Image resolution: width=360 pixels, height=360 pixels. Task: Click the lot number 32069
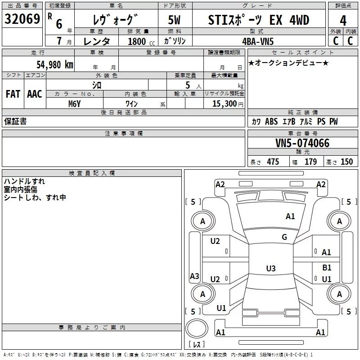pyautogui.click(x=22, y=19)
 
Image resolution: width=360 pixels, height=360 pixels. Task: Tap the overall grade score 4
pyautogui.click(x=343, y=21)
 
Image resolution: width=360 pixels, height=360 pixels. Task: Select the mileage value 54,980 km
pyautogui.click(x=55, y=65)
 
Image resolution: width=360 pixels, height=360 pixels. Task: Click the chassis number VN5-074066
pyautogui.click(x=302, y=143)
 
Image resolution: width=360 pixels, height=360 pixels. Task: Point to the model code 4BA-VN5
pyautogui.click(x=258, y=41)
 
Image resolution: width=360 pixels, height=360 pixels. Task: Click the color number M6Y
pyautogui.click(x=75, y=104)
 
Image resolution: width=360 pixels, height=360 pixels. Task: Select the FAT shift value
pyautogui.click(x=13, y=94)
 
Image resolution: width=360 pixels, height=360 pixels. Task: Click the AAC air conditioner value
pyautogui.click(x=35, y=94)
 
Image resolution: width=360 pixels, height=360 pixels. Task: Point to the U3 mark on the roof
pyautogui.click(x=271, y=268)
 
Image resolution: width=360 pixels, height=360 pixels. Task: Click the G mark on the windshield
pyautogui.click(x=284, y=237)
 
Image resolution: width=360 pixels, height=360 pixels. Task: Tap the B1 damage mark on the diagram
pyautogui.click(x=327, y=268)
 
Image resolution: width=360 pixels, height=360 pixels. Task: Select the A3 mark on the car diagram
pyautogui.click(x=194, y=276)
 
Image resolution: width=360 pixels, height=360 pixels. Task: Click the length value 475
pyautogui.click(x=273, y=162)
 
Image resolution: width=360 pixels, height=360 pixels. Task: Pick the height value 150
pyautogui.click(x=346, y=162)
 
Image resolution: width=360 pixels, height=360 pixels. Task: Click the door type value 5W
pyautogui.click(x=174, y=20)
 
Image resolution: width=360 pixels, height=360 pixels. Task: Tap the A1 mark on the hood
pyautogui.click(x=290, y=216)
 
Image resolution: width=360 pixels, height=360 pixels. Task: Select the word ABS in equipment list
pyautogui.click(x=271, y=121)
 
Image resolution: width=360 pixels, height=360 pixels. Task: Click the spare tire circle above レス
pyautogui.click(x=197, y=329)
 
